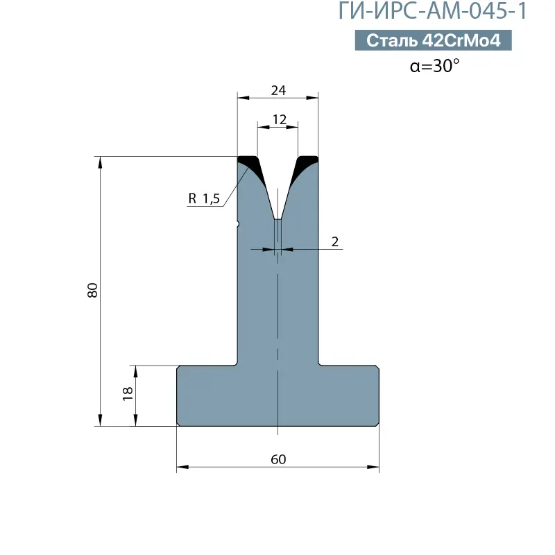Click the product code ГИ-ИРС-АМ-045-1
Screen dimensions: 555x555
(432, 10)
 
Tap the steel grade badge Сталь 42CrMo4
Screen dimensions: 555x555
(433, 40)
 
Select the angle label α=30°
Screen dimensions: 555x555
(434, 66)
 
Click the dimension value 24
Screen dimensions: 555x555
(278, 91)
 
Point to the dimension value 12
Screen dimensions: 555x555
(279, 119)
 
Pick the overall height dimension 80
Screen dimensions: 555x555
(92, 290)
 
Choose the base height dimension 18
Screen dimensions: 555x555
(128, 393)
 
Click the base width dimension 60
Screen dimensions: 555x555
(278, 459)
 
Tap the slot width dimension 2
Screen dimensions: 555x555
(335, 241)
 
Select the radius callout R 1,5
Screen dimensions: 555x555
(204, 198)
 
